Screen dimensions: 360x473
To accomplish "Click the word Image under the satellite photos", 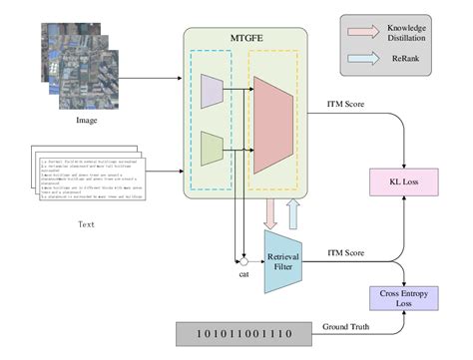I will pos(86,122).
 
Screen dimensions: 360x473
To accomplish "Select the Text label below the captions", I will pos(87,224).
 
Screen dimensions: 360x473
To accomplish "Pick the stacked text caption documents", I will pos(89,180).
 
